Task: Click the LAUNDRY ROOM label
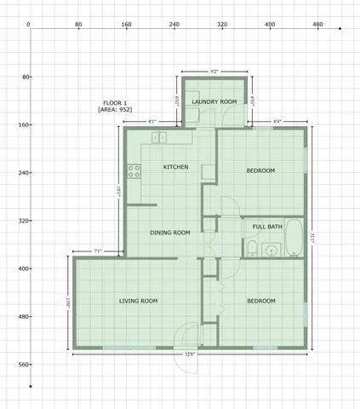pyautogui.click(x=214, y=102)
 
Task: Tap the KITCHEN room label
pyautogui.click(x=175, y=167)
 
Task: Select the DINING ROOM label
pyautogui.click(x=169, y=233)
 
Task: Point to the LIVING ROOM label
pyautogui.click(x=138, y=301)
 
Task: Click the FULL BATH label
pyautogui.click(x=262, y=227)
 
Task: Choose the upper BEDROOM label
pyautogui.click(x=260, y=171)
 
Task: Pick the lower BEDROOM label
pyautogui.click(x=260, y=301)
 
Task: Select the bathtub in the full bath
pyautogui.click(x=293, y=238)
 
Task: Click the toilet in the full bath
pyautogui.click(x=254, y=247)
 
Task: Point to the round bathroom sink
pyautogui.click(x=271, y=250)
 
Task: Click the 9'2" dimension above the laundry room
pyautogui.click(x=214, y=70)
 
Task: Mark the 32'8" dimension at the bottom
pyautogui.click(x=189, y=354)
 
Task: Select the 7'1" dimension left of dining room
pyautogui.click(x=98, y=251)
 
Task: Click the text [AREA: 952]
pyautogui.click(x=119, y=110)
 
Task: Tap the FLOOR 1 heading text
pyautogui.click(x=115, y=102)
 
